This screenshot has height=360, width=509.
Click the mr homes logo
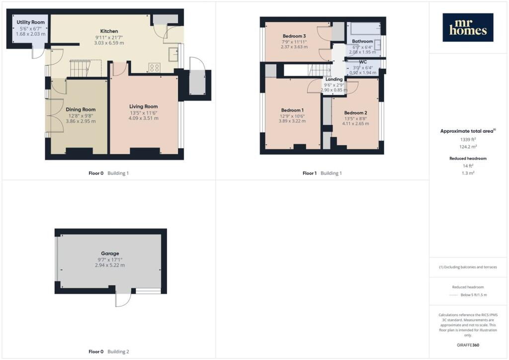[x=468, y=27]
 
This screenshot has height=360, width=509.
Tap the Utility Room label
[x=30, y=22]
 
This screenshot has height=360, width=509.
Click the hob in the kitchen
[x=155, y=68]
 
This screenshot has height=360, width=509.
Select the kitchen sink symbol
[x=173, y=54]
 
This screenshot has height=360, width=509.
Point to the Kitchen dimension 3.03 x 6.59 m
[x=109, y=43]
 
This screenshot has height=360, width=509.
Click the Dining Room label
[x=81, y=109]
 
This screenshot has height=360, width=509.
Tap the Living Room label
[x=144, y=106]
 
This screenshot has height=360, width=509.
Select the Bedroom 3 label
[x=294, y=36]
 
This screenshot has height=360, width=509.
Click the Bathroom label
[x=362, y=41]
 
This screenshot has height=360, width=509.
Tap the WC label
[x=363, y=62]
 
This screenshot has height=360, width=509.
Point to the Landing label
[x=334, y=79]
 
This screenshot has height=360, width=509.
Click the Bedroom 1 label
[x=292, y=110]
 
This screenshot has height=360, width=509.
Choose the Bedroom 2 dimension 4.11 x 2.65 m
[x=355, y=123]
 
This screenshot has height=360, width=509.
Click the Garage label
[x=110, y=253]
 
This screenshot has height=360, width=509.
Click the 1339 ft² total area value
[x=468, y=139]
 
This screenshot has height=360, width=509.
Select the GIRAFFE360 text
[x=468, y=345]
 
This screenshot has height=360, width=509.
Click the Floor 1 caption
[x=309, y=173]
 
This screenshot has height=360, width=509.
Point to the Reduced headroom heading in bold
[x=468, y=159]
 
